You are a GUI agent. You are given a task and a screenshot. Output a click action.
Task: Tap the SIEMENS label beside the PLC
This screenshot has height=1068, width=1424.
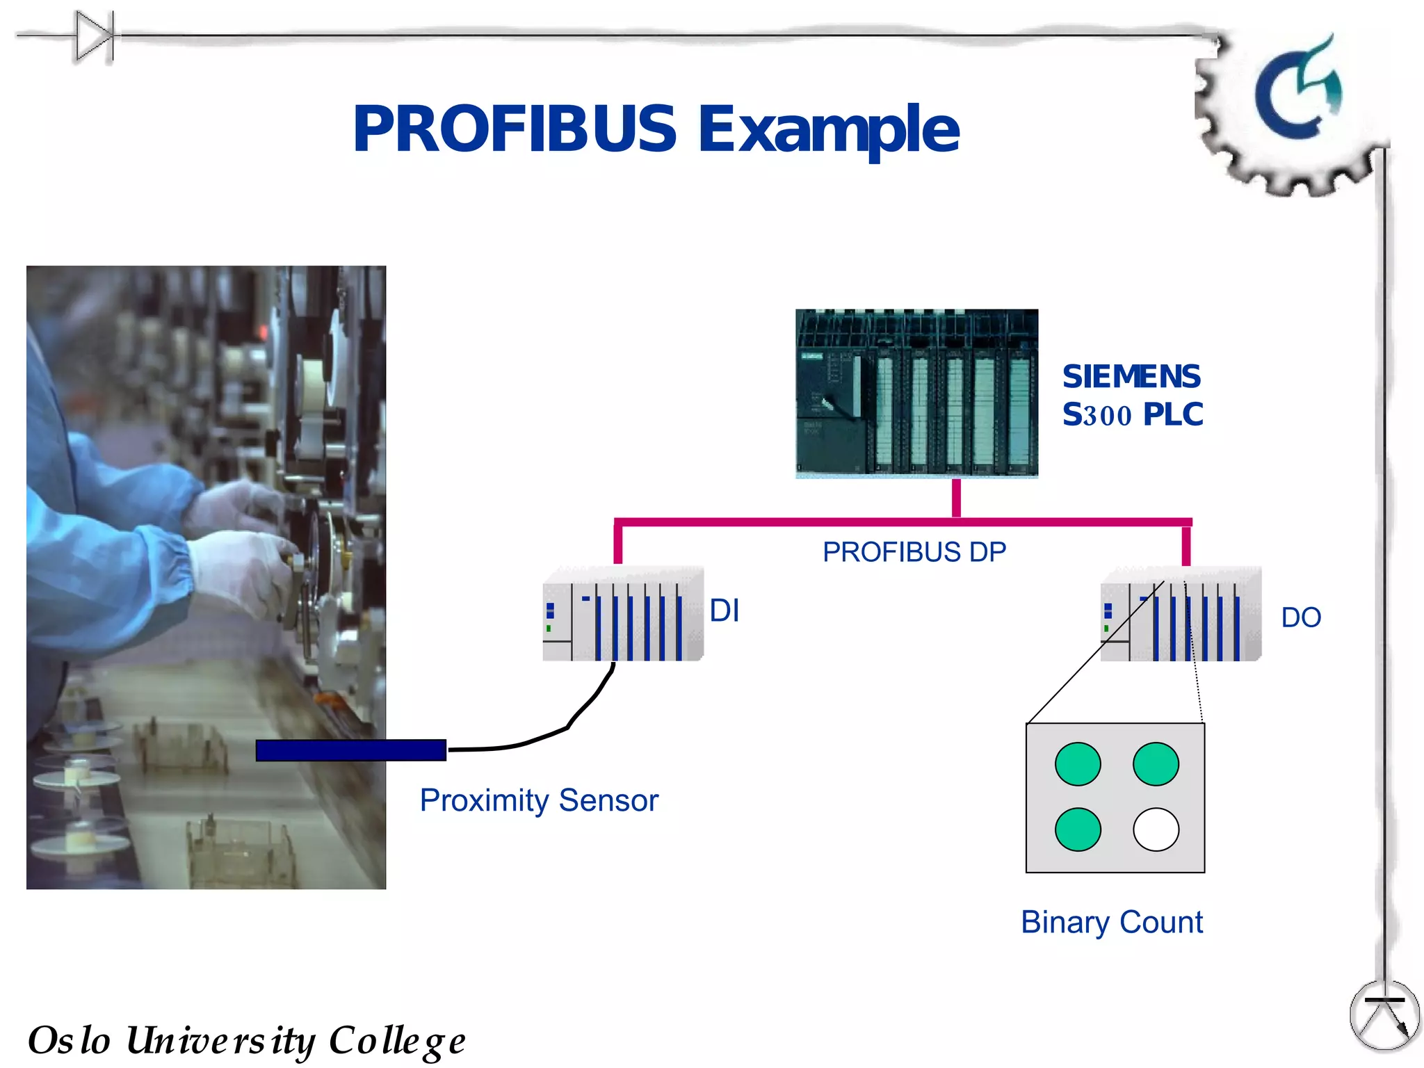(x=1131, y=377)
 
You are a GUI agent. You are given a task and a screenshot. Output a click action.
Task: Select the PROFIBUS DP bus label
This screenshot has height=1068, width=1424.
(x=914, y=552)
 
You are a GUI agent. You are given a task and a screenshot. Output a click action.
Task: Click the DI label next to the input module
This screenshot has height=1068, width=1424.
(x=724, y=610)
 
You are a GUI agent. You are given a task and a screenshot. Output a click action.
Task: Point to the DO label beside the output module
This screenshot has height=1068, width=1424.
(x=1301, y=617)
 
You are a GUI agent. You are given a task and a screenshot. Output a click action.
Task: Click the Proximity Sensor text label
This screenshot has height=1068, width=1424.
(x=539, y=800)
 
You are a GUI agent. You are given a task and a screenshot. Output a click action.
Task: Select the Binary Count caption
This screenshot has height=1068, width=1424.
(x=1112, y=923)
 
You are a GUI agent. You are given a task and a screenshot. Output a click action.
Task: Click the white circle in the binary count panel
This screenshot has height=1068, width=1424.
(x=1156, y=829)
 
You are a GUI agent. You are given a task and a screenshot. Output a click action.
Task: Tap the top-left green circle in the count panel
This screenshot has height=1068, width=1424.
(x=1078, y=764)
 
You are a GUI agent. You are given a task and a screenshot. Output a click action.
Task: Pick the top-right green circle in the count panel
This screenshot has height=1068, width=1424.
(x=1156, y=764)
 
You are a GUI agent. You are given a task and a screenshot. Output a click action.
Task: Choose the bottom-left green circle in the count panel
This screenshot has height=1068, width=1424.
(x=1078, y=829)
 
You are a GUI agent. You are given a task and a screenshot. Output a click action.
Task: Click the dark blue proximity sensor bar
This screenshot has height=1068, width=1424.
(x=351, y=750)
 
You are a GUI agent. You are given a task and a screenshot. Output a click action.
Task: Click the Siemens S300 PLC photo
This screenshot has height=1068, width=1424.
(x=916, y=394)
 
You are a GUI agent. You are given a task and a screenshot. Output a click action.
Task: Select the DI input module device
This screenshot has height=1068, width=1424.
(x=623, y=614)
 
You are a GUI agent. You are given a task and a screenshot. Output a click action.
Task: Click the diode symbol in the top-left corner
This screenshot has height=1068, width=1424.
(x=95, y=36)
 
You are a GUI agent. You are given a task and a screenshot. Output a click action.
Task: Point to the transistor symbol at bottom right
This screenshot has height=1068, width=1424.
(x=1384, y=1015)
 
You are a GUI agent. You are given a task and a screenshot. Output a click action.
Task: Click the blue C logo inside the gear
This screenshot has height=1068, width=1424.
(x=1297, y=90)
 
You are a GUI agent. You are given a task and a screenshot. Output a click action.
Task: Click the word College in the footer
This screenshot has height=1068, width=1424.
(x=397, y=1041)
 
